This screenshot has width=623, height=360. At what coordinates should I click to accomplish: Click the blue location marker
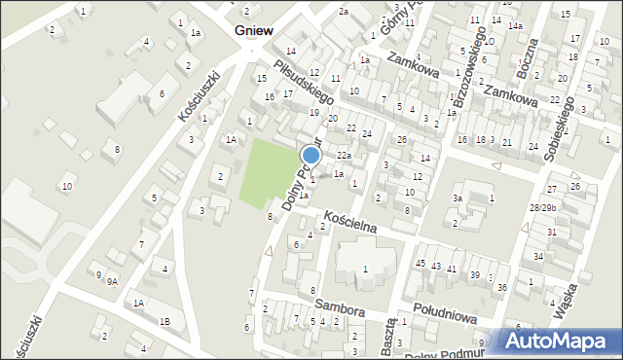pos(311,155)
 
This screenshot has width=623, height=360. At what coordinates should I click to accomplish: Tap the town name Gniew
pos(252,30)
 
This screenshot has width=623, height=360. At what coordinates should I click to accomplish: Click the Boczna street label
pos(528,60)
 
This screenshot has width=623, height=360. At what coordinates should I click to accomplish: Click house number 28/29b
pos(542,208)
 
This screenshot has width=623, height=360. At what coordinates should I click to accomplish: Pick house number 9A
pos(113,282)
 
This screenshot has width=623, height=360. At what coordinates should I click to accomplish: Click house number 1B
pos(165,321)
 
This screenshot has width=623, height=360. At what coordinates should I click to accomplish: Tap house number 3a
pos(456,198)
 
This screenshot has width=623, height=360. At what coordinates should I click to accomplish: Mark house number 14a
pos(514,25)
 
